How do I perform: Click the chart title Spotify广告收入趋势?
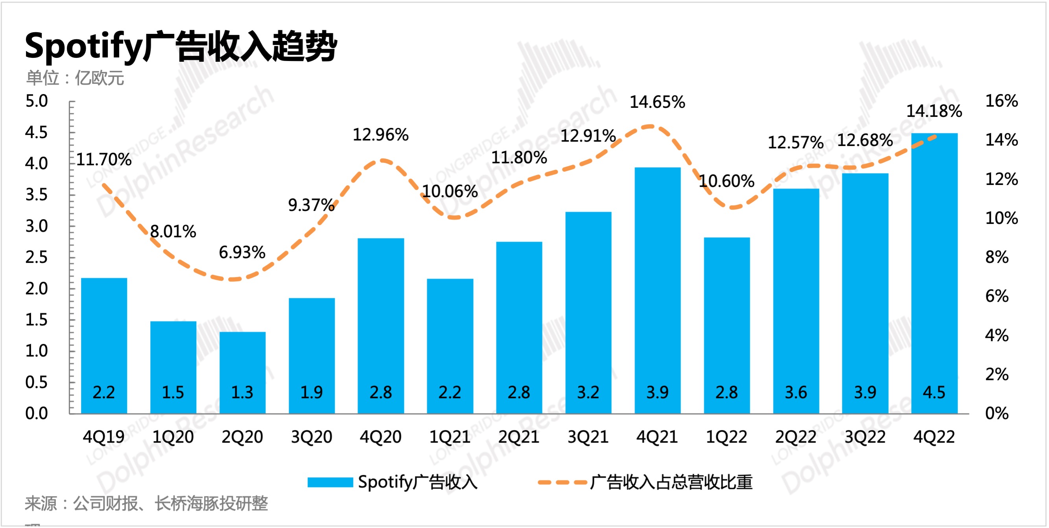point(181,46)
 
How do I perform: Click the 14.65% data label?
point(657,102)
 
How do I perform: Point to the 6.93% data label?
point(242,253)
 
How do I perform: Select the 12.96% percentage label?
point(380,135)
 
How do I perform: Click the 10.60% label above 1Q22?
point(726,181)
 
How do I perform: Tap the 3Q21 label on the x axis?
point(588,437)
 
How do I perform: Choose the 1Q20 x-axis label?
point(173,437)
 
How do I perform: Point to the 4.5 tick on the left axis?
point(36,133)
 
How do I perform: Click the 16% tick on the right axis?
point(1001,101)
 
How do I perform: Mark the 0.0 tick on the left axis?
point(36,414)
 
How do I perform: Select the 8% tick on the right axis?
point(996,257)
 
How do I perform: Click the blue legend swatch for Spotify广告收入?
point(330,482)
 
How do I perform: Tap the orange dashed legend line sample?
point(562,482)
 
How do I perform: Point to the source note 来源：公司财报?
point(146,504)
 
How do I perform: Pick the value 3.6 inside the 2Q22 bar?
point(796,392)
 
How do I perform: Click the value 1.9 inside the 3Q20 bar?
point(312,392)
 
